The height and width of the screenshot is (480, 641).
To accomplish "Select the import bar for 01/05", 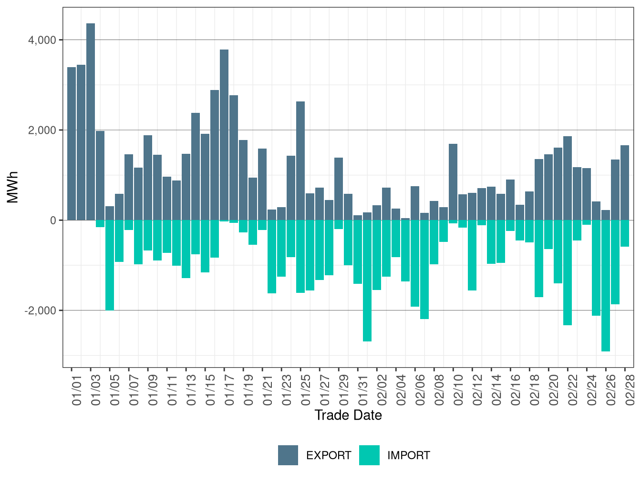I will tap(110, 265).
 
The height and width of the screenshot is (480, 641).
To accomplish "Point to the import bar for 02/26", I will tap(606, 286).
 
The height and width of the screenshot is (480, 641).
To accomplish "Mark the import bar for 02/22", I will tap(568, 272).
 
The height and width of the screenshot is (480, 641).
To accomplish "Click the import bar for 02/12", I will tap(472, 255).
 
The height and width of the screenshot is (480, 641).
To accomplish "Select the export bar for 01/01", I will tap(72, 143).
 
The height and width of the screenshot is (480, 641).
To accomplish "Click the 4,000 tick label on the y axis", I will tap(42, 40).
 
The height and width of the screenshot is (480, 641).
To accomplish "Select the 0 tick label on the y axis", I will tap(53, 220).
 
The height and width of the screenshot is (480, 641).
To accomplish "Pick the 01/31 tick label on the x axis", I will tap(363, 390).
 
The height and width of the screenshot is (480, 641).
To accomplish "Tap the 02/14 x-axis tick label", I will tap(496, 390).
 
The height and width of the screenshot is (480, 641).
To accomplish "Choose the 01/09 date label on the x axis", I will tap(153, 390).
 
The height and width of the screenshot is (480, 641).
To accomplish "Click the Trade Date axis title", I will tap(348, 415).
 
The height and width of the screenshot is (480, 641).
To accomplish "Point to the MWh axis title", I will tap(13, 187).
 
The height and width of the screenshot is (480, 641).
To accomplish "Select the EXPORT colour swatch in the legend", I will tap(288, 455).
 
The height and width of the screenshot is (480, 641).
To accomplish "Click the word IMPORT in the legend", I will tap(409, 456).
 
